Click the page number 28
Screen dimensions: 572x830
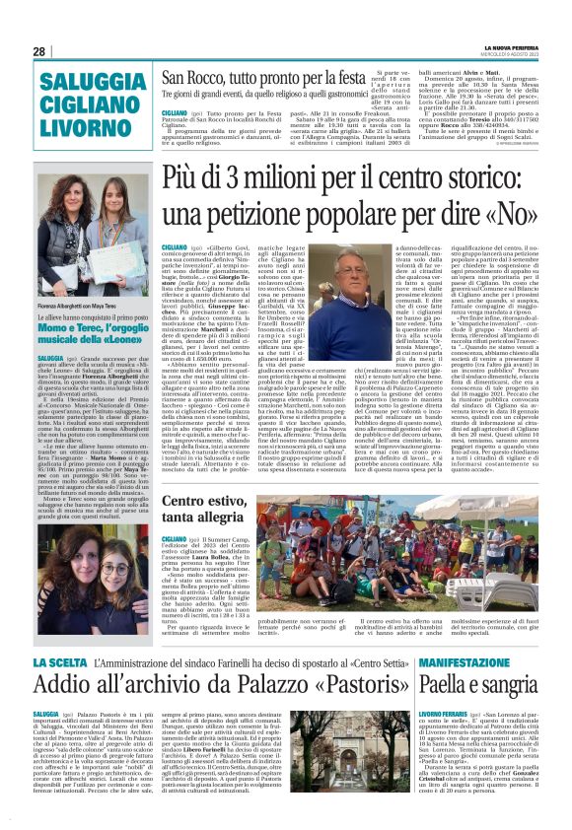39,51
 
